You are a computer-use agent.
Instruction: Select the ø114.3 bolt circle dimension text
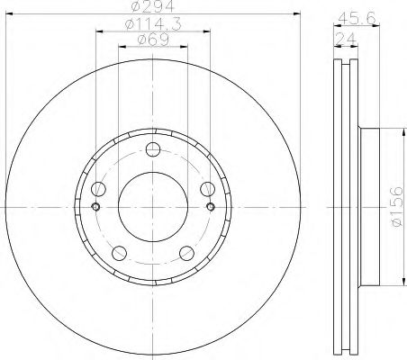[x=149, y=24]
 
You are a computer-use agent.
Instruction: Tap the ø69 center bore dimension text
[x=149, y=40]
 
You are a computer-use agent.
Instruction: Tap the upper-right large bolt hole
[x=208, y=189]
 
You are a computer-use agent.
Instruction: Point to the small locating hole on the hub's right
[x=211, y=207]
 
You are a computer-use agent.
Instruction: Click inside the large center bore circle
[x=152, y=207]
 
